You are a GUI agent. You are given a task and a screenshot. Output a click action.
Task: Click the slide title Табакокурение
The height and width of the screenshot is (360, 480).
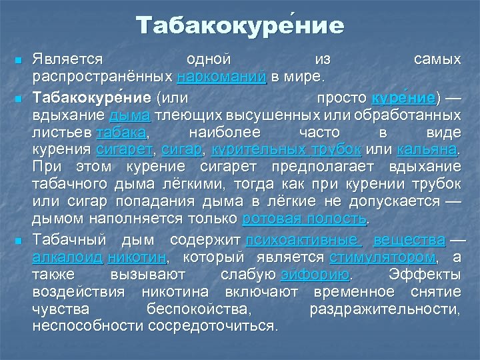click(x=240, y=26)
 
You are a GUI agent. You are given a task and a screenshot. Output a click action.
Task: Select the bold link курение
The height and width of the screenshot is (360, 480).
click(x=403, y=98)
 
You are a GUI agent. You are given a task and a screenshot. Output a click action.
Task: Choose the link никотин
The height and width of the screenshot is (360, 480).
click(x=137, y=257)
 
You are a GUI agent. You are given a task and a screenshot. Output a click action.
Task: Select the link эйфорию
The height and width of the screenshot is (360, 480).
click(x=315, y=275)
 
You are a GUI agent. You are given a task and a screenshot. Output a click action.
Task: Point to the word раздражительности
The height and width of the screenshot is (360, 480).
click(x=385, y=309)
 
